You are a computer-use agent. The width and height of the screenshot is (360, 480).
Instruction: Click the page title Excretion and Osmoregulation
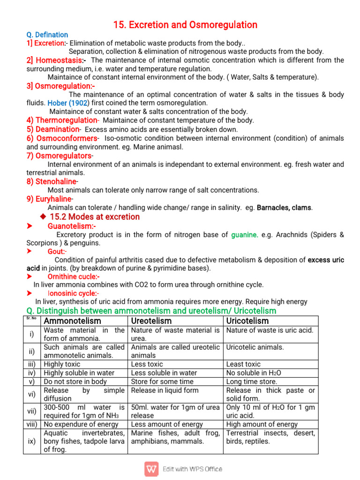pyautogui.click(x=185, y=24)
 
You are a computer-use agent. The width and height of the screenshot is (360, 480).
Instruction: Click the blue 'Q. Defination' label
pyautogui.click(x=47, y=35)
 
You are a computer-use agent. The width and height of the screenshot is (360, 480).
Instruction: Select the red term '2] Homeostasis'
pyautogui.click(x=56, y=60)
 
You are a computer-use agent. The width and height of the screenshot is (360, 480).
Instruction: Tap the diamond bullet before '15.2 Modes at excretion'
pyautogui.click(x=43, y=217)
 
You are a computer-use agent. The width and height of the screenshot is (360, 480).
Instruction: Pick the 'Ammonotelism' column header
pyautogui.click(x=72, y=321)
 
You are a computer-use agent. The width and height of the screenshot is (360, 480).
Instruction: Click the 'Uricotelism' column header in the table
pyautogui.click(x=247, y=321)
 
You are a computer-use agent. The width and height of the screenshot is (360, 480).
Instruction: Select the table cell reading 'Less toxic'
pyautogui.click(x=147, y=364)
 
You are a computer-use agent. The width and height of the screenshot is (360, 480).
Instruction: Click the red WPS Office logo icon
pyautogui.click(x=151, y=469)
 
